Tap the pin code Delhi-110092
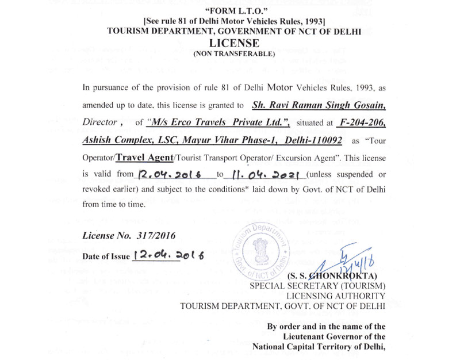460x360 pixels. point(310,140)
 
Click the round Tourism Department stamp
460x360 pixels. point(260,250)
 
